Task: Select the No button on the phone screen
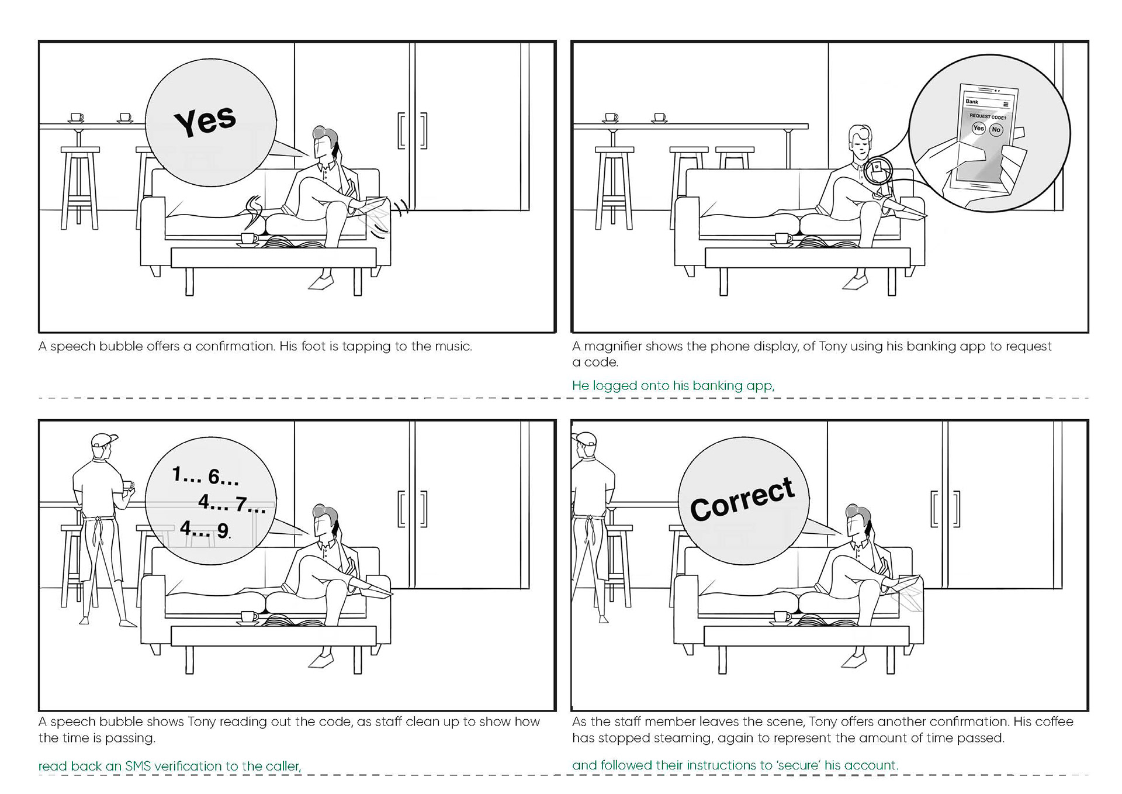pyautogui.click(x=996, y=129)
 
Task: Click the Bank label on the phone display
pyautogui.click(x=972, y=102)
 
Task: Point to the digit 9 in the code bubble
pyautogui.click(x=223, y=531)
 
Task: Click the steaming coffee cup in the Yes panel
pyautogui.click(x=249, y=239)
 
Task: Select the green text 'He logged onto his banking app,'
pyautogui.click(x=673, y=386)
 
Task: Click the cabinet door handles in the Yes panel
pyautogui.click(x=412, y=130)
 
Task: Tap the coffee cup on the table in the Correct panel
pyautogui.click(x=782, y=616)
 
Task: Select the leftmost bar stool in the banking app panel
pyautogui.click(x=614, y=187)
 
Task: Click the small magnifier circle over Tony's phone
pyautogui.click(x=878, y=170)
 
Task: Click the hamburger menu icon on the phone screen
pyautogui.click(x=1006, y=105)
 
